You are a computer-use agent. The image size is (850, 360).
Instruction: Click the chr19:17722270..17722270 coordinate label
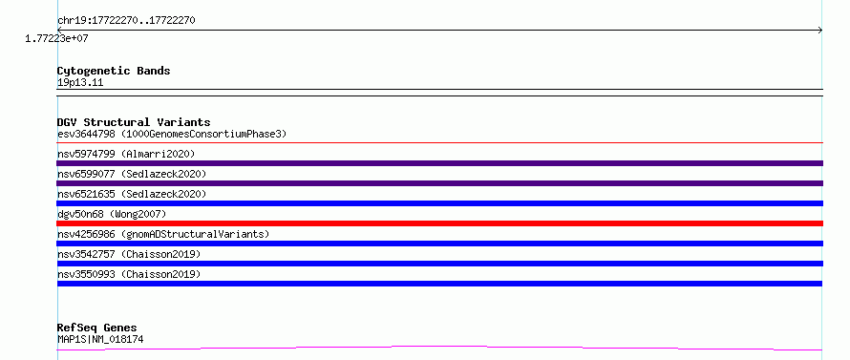click(126, 21)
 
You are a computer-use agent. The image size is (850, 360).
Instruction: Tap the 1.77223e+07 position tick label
click(56, 39)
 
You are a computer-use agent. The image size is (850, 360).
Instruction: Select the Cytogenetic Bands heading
click(114, 71)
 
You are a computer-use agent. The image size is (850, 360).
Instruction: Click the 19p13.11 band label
click(80, 83)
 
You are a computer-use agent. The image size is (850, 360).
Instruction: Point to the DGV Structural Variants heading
click(134, 122)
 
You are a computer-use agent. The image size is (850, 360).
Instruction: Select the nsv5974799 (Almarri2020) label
click(126, 154)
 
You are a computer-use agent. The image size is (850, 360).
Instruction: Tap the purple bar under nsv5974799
click(440, 163)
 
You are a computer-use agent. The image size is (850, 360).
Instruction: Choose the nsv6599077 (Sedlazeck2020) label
click(132, 174)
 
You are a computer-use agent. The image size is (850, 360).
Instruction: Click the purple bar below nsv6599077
click(440, 183)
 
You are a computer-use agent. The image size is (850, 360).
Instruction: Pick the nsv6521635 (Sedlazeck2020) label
click(132, 194)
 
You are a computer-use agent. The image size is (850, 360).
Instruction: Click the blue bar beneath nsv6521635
click(440, 203)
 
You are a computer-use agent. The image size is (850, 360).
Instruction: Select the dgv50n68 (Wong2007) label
click(112, 214)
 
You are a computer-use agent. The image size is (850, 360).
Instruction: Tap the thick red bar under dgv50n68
click(440, 223)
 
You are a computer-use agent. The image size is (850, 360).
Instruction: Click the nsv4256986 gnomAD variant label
click(163, 234)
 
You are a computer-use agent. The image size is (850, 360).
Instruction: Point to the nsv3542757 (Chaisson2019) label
click(129, 254)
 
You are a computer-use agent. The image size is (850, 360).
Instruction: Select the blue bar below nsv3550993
click(439, 284)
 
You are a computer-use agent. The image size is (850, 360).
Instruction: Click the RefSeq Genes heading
click(97, 328)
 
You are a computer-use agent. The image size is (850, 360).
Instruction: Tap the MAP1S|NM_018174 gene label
click(100, 340)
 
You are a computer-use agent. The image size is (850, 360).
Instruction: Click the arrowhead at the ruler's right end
click(820, 31)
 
